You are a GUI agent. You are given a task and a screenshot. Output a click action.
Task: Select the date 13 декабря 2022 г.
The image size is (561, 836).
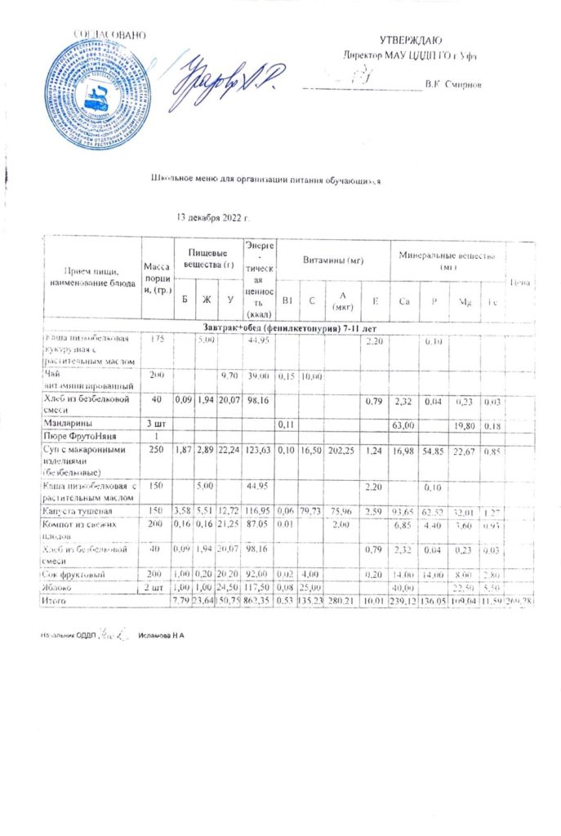pyautogui.click(x=212, y=218)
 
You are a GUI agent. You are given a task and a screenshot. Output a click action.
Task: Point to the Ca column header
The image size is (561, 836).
pyautogui.click(x=403, y=301)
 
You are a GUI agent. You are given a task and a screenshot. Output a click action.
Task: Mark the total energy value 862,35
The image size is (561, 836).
pyautogui.click(x=259, y=601)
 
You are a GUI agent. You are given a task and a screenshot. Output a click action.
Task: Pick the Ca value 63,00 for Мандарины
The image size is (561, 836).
pyautogui.click(x=403, y=425)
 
